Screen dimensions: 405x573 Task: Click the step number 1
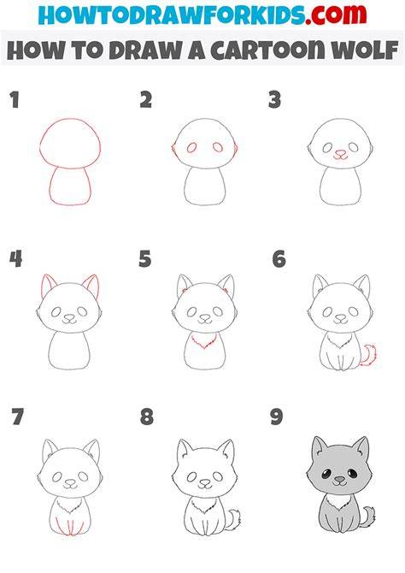[x=15, y=100]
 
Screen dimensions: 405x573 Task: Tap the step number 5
[x=145, y=259]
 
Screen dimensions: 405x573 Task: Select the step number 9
[x=277, y=417]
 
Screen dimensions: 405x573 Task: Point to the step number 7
[x=18, y=417]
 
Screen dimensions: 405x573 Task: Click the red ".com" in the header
[x=336, y=15]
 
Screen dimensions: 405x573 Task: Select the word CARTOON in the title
[x=267, y=50]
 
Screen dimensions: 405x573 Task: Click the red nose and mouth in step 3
[x=340, y=155]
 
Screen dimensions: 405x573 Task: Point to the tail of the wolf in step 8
[x=233, y=519]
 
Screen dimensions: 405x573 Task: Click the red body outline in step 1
[x=70, y=186]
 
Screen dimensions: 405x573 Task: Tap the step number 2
[x=146, y=100]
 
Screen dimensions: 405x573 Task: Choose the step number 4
[x=15, y=259]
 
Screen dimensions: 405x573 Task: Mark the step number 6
[x=279, y=259]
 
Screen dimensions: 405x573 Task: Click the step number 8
[x=147, y=417]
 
